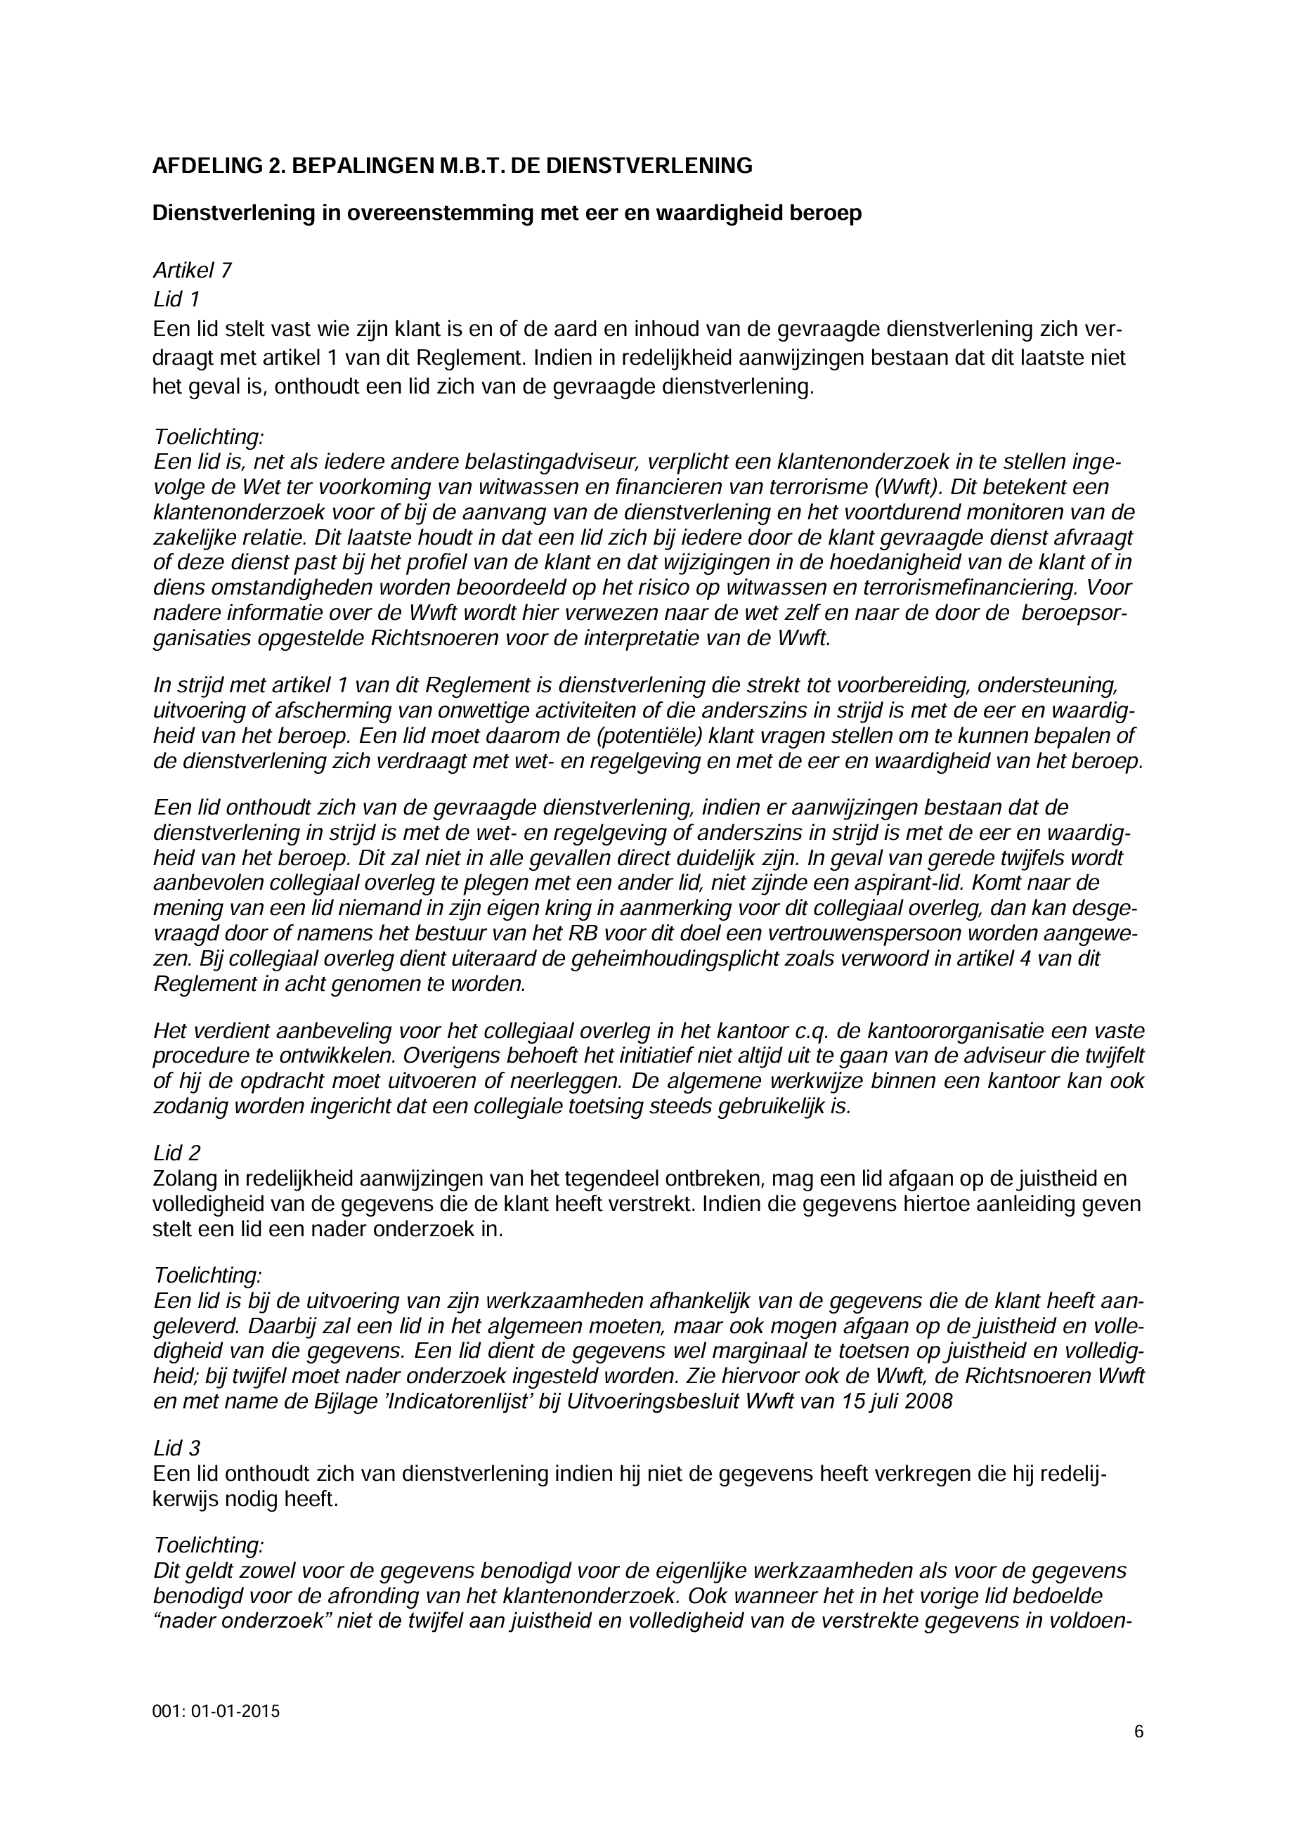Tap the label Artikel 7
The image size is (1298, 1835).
tap(192, 271)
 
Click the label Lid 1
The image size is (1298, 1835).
tap(176, 299)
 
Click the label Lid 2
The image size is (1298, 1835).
tap(176, 1153)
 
